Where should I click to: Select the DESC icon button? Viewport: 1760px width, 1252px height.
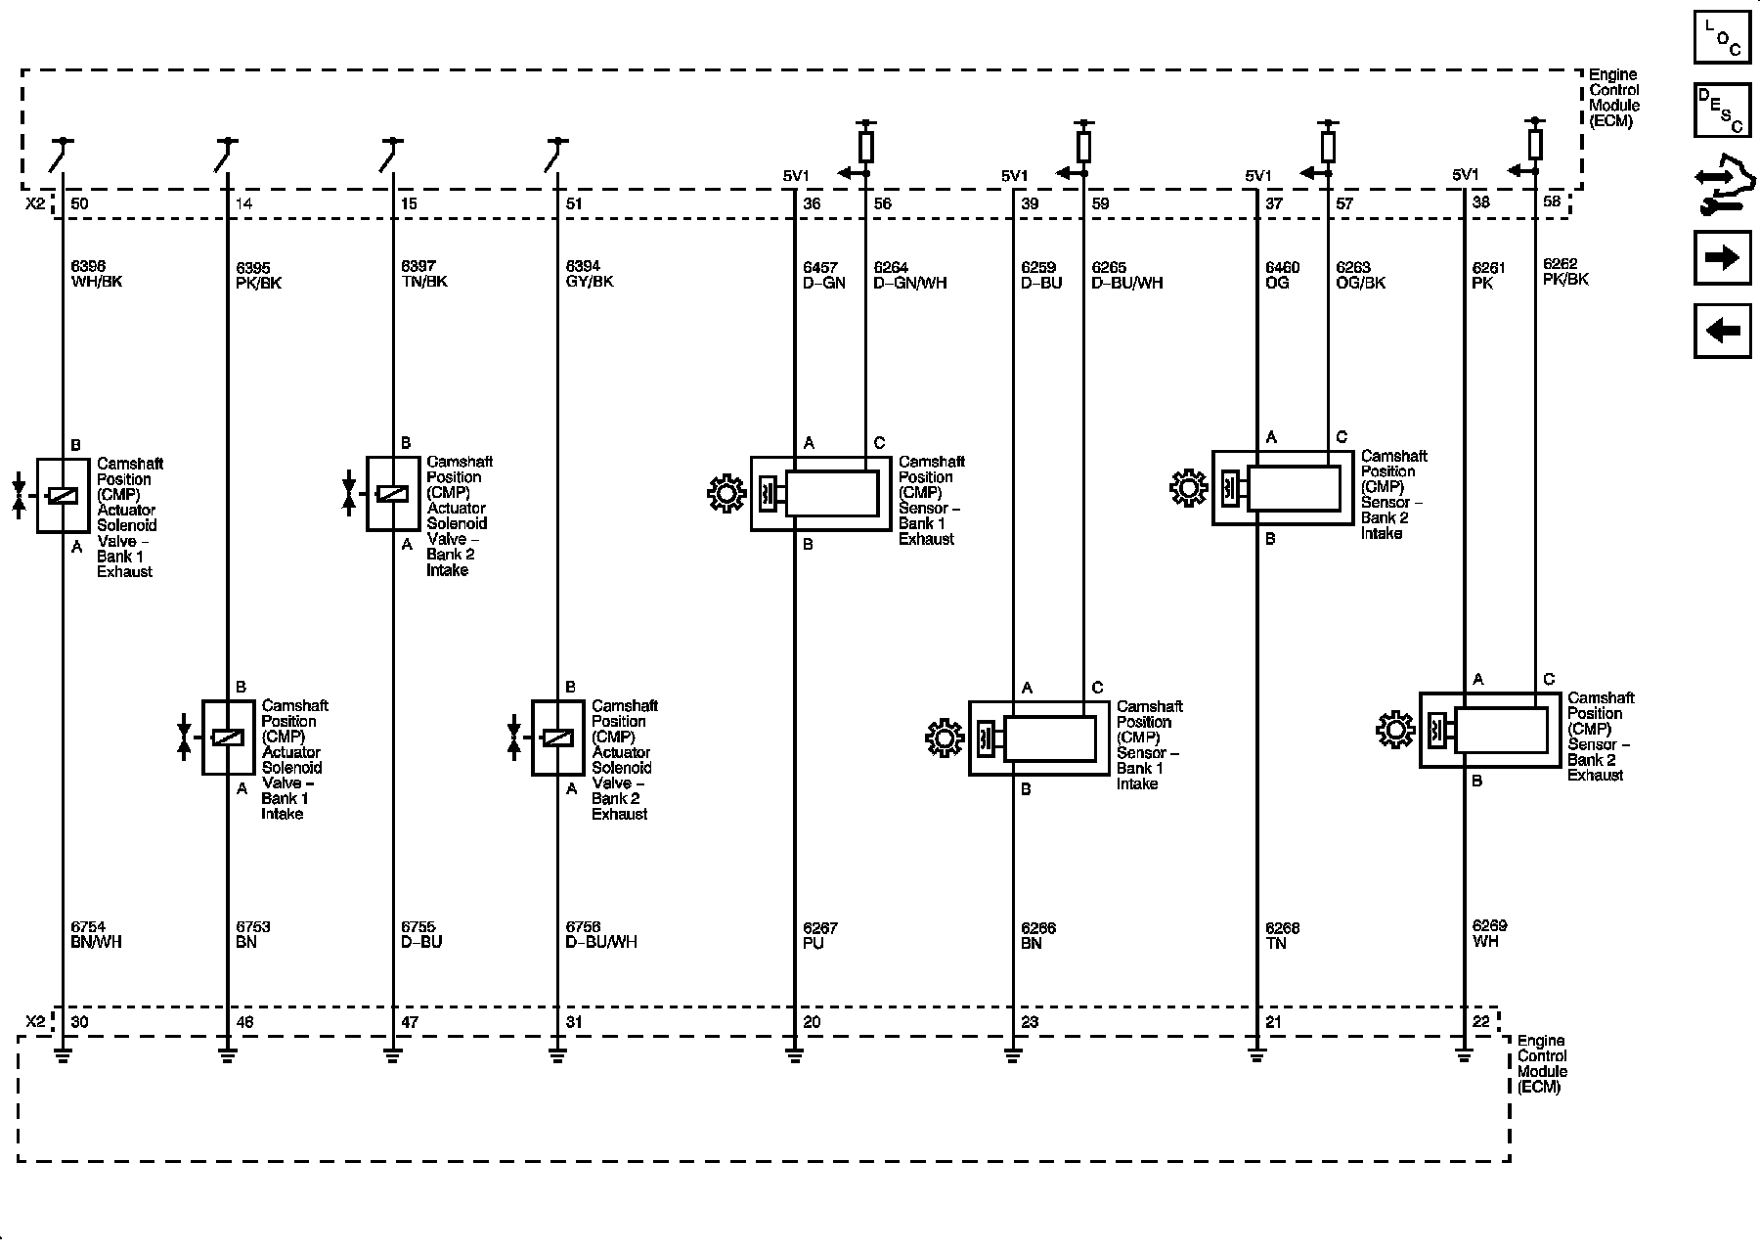1722,111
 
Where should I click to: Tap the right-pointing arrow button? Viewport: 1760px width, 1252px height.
1722,257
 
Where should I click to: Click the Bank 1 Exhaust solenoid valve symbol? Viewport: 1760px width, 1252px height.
63,496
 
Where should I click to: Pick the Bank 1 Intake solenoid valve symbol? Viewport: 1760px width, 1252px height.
228,738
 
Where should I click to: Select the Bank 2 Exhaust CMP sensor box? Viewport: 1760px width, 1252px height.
1489,730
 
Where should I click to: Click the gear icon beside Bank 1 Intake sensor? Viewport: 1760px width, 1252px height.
944,738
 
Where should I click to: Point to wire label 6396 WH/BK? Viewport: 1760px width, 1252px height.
96,274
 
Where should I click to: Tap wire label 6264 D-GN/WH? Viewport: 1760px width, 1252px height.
909,275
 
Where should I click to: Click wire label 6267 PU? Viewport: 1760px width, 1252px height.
819,935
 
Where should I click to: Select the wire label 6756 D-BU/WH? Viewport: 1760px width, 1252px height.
601,934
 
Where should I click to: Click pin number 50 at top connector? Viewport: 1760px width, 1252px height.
79,203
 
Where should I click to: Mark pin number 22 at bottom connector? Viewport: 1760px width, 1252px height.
1481,1022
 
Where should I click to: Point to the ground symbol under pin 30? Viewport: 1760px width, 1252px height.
63,1055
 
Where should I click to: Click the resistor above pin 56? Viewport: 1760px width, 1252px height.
865,148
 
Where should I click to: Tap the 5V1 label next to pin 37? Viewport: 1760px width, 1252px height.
1258,176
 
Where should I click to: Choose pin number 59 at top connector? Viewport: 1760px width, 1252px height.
1101,203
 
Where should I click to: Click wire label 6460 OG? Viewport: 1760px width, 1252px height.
1282,275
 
